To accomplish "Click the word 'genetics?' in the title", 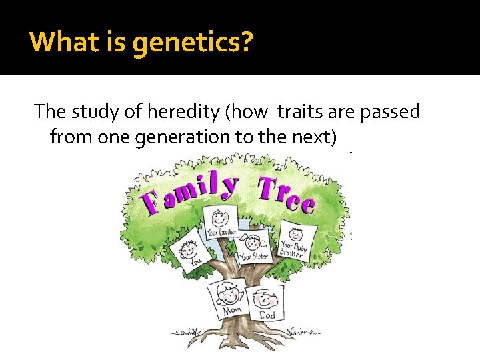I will click(x=193, y=43).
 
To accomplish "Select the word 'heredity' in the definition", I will click(x=171, y=111).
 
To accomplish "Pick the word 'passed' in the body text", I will click(x=390, y=111).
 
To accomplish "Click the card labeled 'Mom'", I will click(x=228, y=298).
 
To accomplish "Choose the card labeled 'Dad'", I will click(x=267, y=303).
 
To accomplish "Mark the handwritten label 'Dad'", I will click(x=267, y=315).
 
